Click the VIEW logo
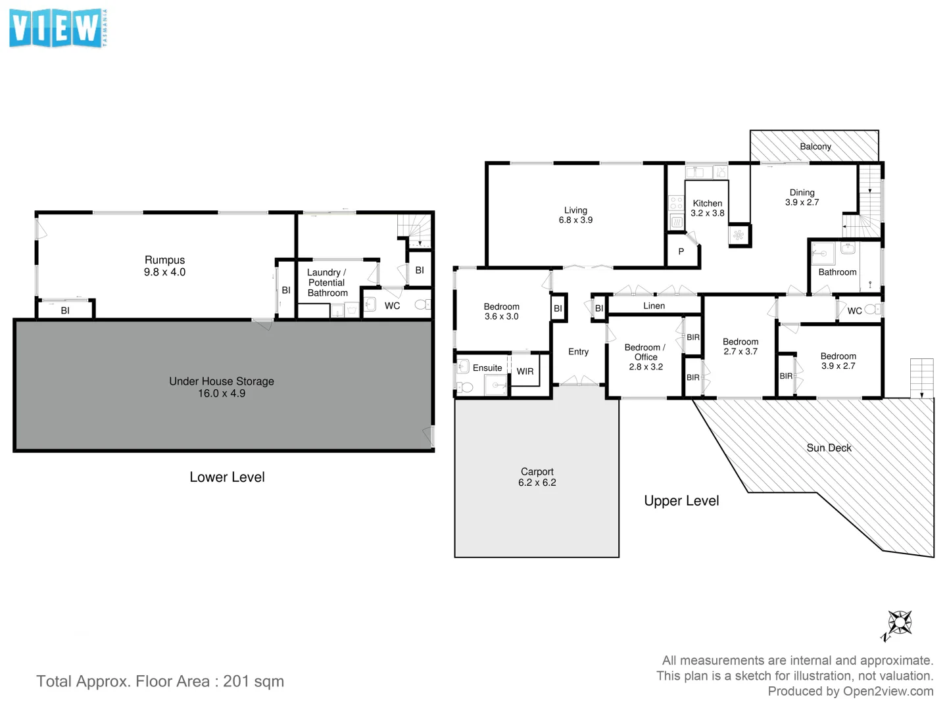[x=58, y=29]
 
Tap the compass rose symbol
[x=898, y=623]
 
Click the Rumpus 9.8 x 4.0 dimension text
[x=164, y=272]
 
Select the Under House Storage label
[x=221, y=381]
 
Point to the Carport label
[x=537, y=471]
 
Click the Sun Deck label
[x=829, y=448]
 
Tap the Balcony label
[x=815, y=147]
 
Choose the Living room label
[x=575, y=210]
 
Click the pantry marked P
[x=681, y=252]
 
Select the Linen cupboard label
[x=654, y=306]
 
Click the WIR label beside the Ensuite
[x=525, y=371]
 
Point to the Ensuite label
[x=487, y=368]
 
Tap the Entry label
[x=578, y=352]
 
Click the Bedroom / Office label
[x=644, y=352]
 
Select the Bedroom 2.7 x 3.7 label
[x=741, y=346]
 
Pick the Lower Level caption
[x=227, y=477]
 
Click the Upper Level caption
[x=681, y=501]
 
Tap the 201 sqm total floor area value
[x=253, y=681]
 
